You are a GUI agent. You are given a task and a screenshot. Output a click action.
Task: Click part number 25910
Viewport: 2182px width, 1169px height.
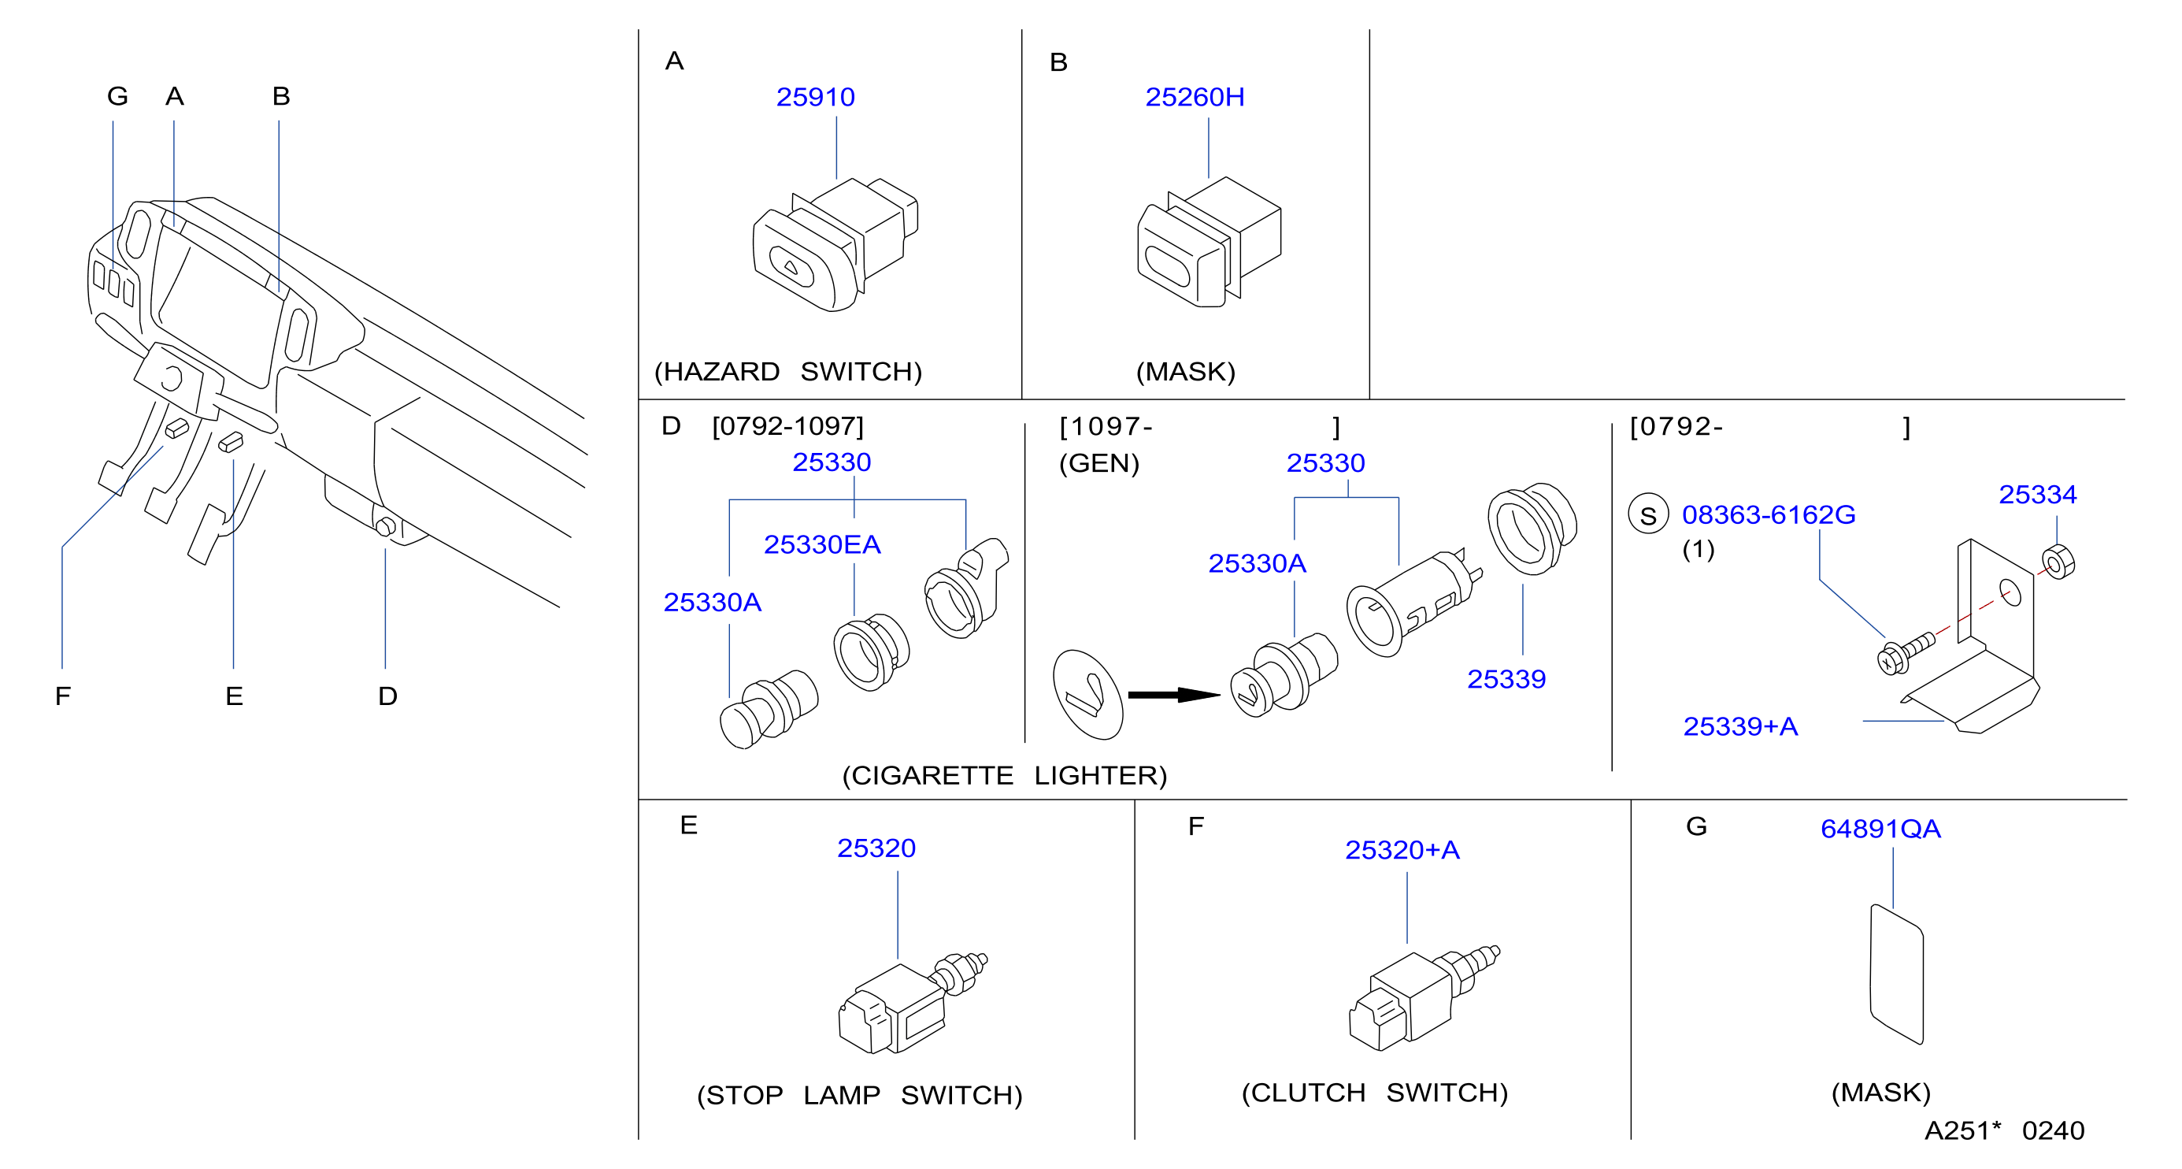click(815, 98)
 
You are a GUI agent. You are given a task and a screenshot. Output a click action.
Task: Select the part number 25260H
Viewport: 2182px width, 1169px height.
click(1195, 98)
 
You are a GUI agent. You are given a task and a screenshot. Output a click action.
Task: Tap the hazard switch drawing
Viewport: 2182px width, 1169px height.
click(835, 245)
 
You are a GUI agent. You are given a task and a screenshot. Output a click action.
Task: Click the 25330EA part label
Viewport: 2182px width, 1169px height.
click(821, 544)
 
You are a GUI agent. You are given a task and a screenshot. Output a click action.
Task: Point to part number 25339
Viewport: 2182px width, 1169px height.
click(1506, 679)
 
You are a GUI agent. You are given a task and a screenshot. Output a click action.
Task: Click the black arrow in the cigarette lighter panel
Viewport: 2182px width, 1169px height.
click(1174, 696)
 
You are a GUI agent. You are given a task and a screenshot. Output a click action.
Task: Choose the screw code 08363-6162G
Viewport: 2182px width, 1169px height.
click(1768, 515)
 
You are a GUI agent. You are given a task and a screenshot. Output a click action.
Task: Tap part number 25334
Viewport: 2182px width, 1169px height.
click(2037, 495)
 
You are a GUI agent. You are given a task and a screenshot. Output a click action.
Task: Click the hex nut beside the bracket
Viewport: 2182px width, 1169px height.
click(2058, 562)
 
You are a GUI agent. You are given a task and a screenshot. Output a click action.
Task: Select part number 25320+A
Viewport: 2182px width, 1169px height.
click(1402, 851)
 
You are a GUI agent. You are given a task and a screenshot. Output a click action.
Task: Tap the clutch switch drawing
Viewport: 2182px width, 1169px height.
click(1424, 998)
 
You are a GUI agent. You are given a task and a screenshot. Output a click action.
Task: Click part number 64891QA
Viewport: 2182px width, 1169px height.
click(1880, 829)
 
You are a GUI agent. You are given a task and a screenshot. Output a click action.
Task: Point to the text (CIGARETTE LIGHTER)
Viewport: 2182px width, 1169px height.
click(1005, 776)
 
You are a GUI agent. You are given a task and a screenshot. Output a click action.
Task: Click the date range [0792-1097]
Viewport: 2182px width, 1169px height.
click(787, 426)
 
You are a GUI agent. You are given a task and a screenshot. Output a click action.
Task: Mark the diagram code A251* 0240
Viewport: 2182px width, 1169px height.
click(2004, 1131)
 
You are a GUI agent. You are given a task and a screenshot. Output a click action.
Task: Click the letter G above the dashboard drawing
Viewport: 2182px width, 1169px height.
click(118, 97)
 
